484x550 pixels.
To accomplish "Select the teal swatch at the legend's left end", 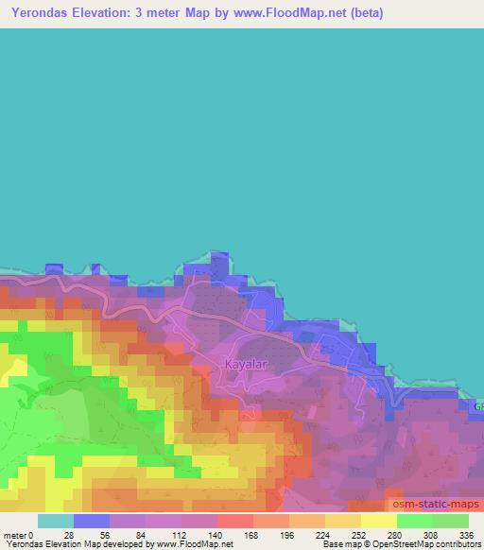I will pos(55,521).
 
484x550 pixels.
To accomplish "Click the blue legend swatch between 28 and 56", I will pos(91,521).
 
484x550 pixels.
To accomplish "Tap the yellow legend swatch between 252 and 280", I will pos(378,521).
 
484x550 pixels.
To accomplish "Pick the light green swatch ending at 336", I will pos(451,521).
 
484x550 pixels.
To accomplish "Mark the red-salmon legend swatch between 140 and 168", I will pos(234,521).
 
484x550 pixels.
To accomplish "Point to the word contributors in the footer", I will pos(452,544).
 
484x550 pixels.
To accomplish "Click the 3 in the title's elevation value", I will pos(147,13).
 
